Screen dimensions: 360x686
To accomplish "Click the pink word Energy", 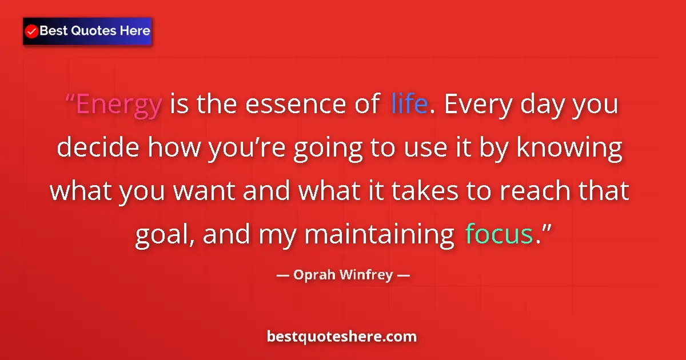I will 119,105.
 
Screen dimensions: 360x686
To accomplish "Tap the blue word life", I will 409,105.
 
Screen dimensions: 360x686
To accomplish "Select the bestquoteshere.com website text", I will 342,337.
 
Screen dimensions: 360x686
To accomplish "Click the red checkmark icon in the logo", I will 32,31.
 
